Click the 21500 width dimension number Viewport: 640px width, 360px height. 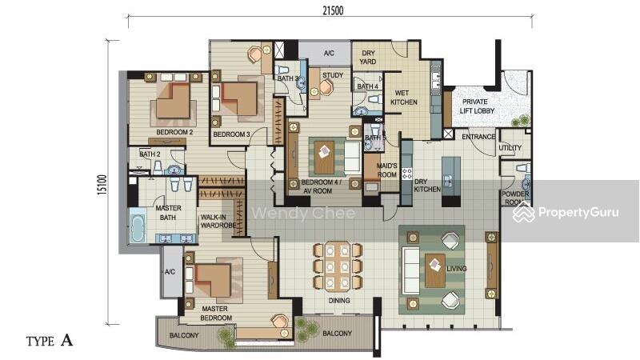click(333, 10)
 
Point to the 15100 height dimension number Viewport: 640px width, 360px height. click(102, 186)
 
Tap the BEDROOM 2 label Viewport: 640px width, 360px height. click(174, 132)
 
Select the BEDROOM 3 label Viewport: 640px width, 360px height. click(231, 134)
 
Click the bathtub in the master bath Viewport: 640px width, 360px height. click(138, 226)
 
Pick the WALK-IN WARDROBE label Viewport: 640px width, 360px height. click(218, 222)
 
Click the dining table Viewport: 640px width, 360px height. click(337, 266)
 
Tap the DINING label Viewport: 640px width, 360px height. click(339, 301)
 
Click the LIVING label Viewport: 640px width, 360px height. click(456, 269)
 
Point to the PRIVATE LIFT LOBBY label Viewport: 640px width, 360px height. click(476, 106)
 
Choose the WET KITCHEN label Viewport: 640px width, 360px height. click(404, 98)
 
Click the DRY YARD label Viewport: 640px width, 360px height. click(368, 57)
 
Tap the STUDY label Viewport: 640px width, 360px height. click(333, 75)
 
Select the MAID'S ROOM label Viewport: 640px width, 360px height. click(386, 170)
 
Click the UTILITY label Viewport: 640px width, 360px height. click(510, 147)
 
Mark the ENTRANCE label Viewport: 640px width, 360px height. click(478, 137)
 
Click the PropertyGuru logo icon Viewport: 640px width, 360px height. click(524, 212)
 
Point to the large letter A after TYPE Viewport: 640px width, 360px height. click(66, 340)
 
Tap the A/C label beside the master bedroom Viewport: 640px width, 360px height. click(170, 272)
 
